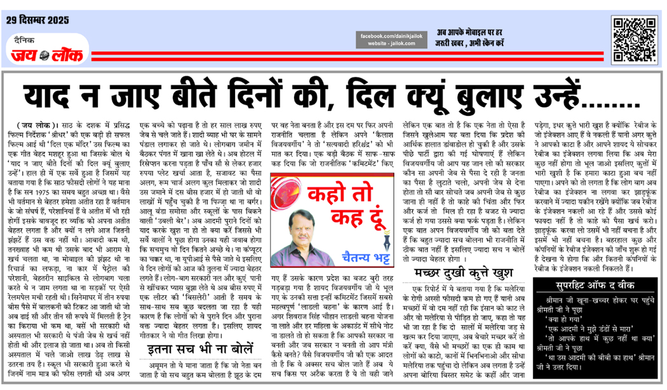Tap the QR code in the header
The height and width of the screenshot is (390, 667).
[635, 39]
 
